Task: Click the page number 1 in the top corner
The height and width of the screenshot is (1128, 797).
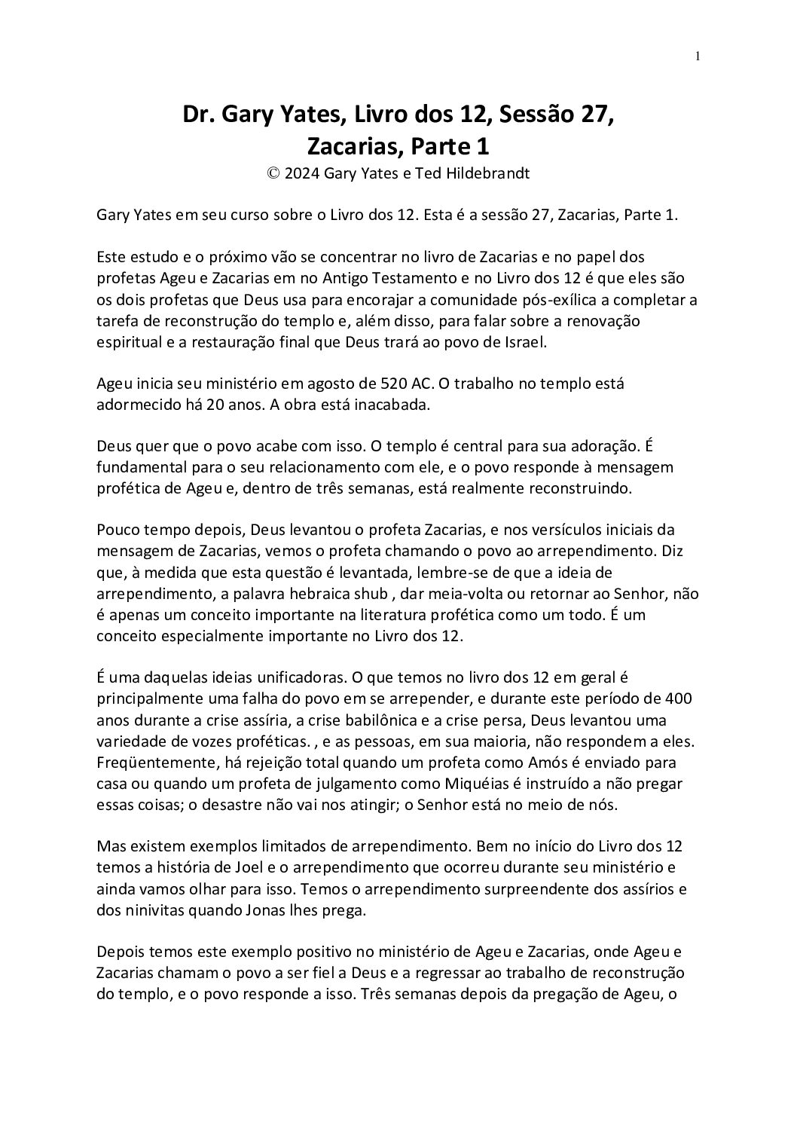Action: (x=698, y=55)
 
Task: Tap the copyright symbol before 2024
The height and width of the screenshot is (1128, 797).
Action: (x=273, y=173)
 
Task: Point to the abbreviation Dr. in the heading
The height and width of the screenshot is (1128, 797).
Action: (x=198, y=115)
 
